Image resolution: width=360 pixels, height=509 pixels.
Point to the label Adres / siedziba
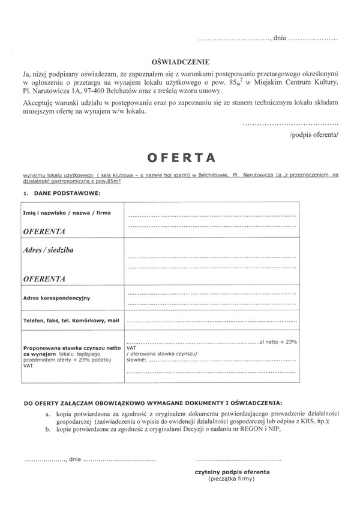click(48, 248)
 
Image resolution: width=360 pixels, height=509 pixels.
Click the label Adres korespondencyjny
click(56, 298)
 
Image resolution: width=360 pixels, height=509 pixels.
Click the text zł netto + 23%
click(278, 341)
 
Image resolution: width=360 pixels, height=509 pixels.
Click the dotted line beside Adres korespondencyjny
click(211, 295)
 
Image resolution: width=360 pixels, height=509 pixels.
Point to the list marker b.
click(47, 430)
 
